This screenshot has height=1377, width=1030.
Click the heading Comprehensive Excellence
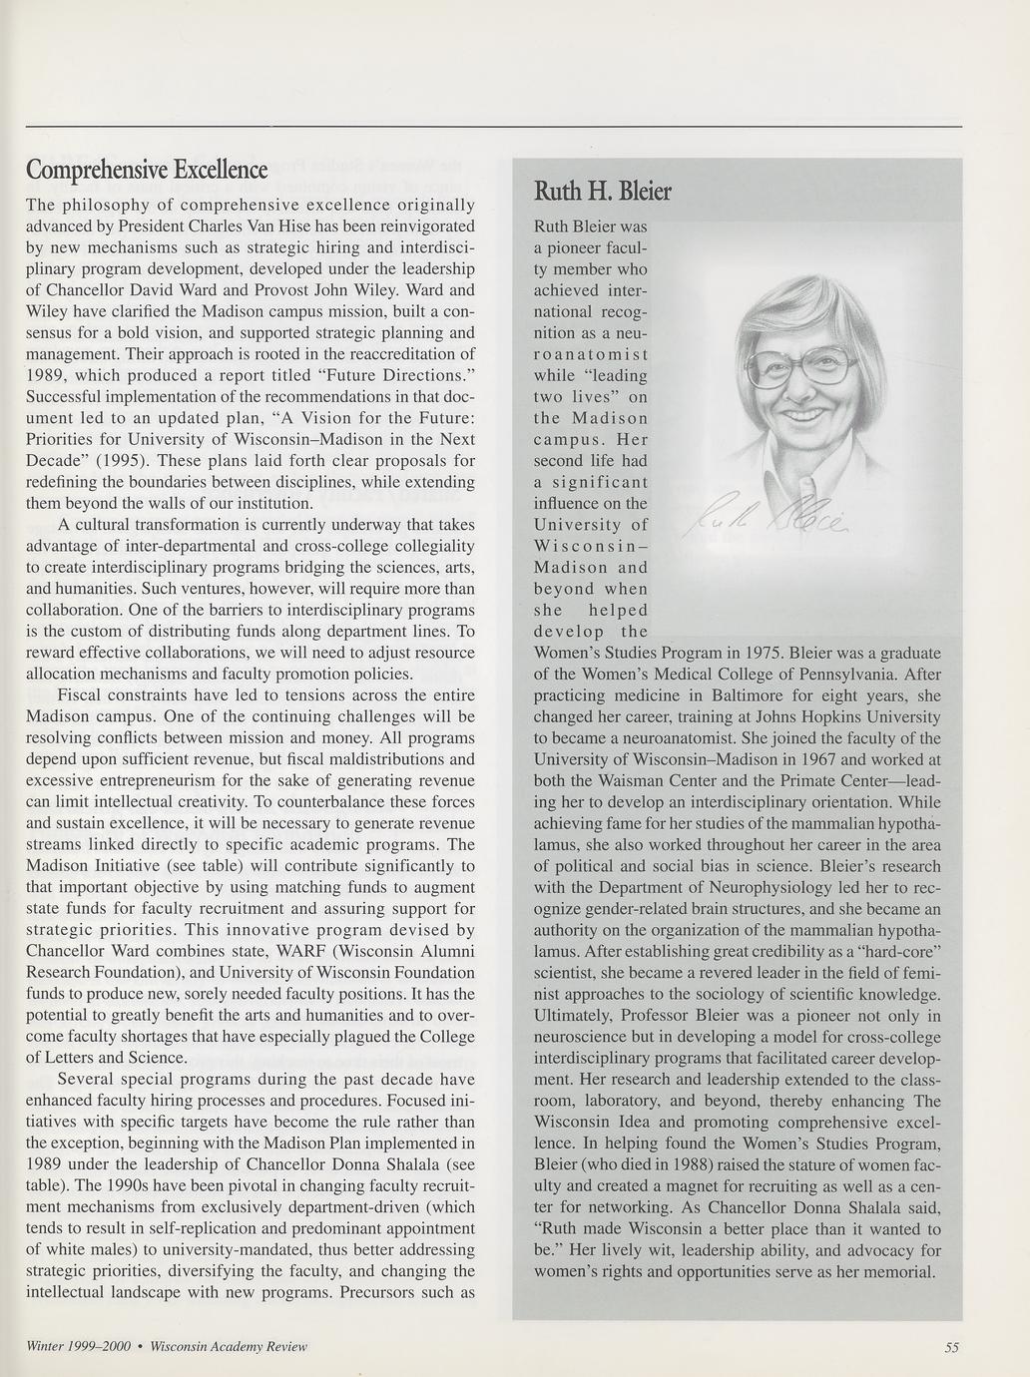147,170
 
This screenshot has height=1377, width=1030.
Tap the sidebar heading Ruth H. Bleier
603,191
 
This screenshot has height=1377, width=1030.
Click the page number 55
951,1347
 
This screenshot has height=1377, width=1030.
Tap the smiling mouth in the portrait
810,411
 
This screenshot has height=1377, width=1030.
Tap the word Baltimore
740,695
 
